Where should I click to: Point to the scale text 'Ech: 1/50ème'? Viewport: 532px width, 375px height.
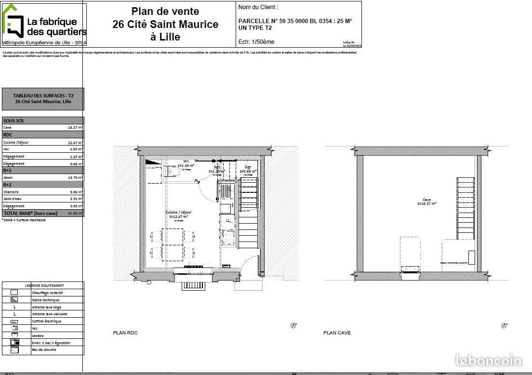(256, 42)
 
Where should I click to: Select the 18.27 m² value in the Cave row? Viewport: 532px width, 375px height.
(76, 128)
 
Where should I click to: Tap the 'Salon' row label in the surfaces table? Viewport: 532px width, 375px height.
(8, 178)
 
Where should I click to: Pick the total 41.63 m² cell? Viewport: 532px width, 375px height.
(75, 213)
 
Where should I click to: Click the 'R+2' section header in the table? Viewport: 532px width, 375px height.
(8, 185)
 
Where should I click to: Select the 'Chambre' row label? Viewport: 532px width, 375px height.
(10, 192)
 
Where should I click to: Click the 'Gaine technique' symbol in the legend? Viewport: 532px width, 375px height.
(14, 300)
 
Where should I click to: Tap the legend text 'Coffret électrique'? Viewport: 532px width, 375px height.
(46, 321)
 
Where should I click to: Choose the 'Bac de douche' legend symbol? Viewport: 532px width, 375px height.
(14, 350)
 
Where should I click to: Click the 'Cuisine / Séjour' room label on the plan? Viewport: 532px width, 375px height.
(178, 213)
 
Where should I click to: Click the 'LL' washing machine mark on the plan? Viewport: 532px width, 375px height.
(227, 221)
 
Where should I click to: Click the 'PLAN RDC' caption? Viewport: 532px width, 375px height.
(125, 333)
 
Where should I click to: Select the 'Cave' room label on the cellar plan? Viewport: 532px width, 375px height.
(426, 200)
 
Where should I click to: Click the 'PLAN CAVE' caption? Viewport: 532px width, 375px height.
(337, 333)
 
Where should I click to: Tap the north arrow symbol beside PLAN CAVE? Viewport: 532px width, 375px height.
(504, 325)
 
